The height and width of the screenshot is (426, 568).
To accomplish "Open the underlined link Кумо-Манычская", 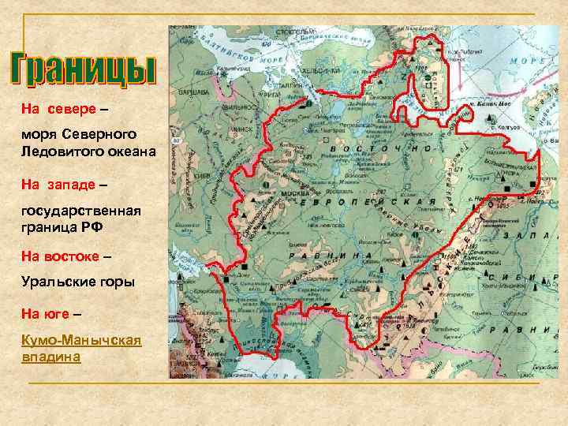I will tap(81, 340).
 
